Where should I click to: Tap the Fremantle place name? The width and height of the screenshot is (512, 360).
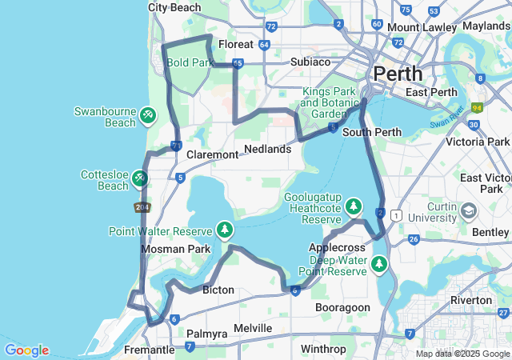(x=150, y=350)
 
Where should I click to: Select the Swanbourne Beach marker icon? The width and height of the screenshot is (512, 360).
(x=148, y=117)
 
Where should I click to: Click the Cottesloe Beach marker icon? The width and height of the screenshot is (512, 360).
(x=140, y=177)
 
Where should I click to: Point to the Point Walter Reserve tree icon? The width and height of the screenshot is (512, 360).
(x=225, y=230)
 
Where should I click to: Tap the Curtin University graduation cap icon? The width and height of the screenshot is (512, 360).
(x=468, y=210)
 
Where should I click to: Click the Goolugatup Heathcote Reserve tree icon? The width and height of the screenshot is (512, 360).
(x=354, y=207)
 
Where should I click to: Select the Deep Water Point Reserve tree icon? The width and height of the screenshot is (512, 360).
(x=378, y=263)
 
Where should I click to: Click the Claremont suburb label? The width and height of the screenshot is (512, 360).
(x=212, y=154)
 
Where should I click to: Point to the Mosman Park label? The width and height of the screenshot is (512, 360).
(x=175, y=249)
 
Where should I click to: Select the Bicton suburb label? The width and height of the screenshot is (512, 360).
(x=218, y=289)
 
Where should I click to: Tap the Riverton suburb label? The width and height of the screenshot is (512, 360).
(x=471, y=300)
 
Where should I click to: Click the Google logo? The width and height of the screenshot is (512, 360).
(x=26, y=350)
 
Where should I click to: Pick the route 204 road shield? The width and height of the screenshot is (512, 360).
(x=142, y=207)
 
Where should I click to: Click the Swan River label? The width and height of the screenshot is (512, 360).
(x=446, y=125)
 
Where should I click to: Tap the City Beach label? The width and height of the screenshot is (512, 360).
(x=175, y=7)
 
